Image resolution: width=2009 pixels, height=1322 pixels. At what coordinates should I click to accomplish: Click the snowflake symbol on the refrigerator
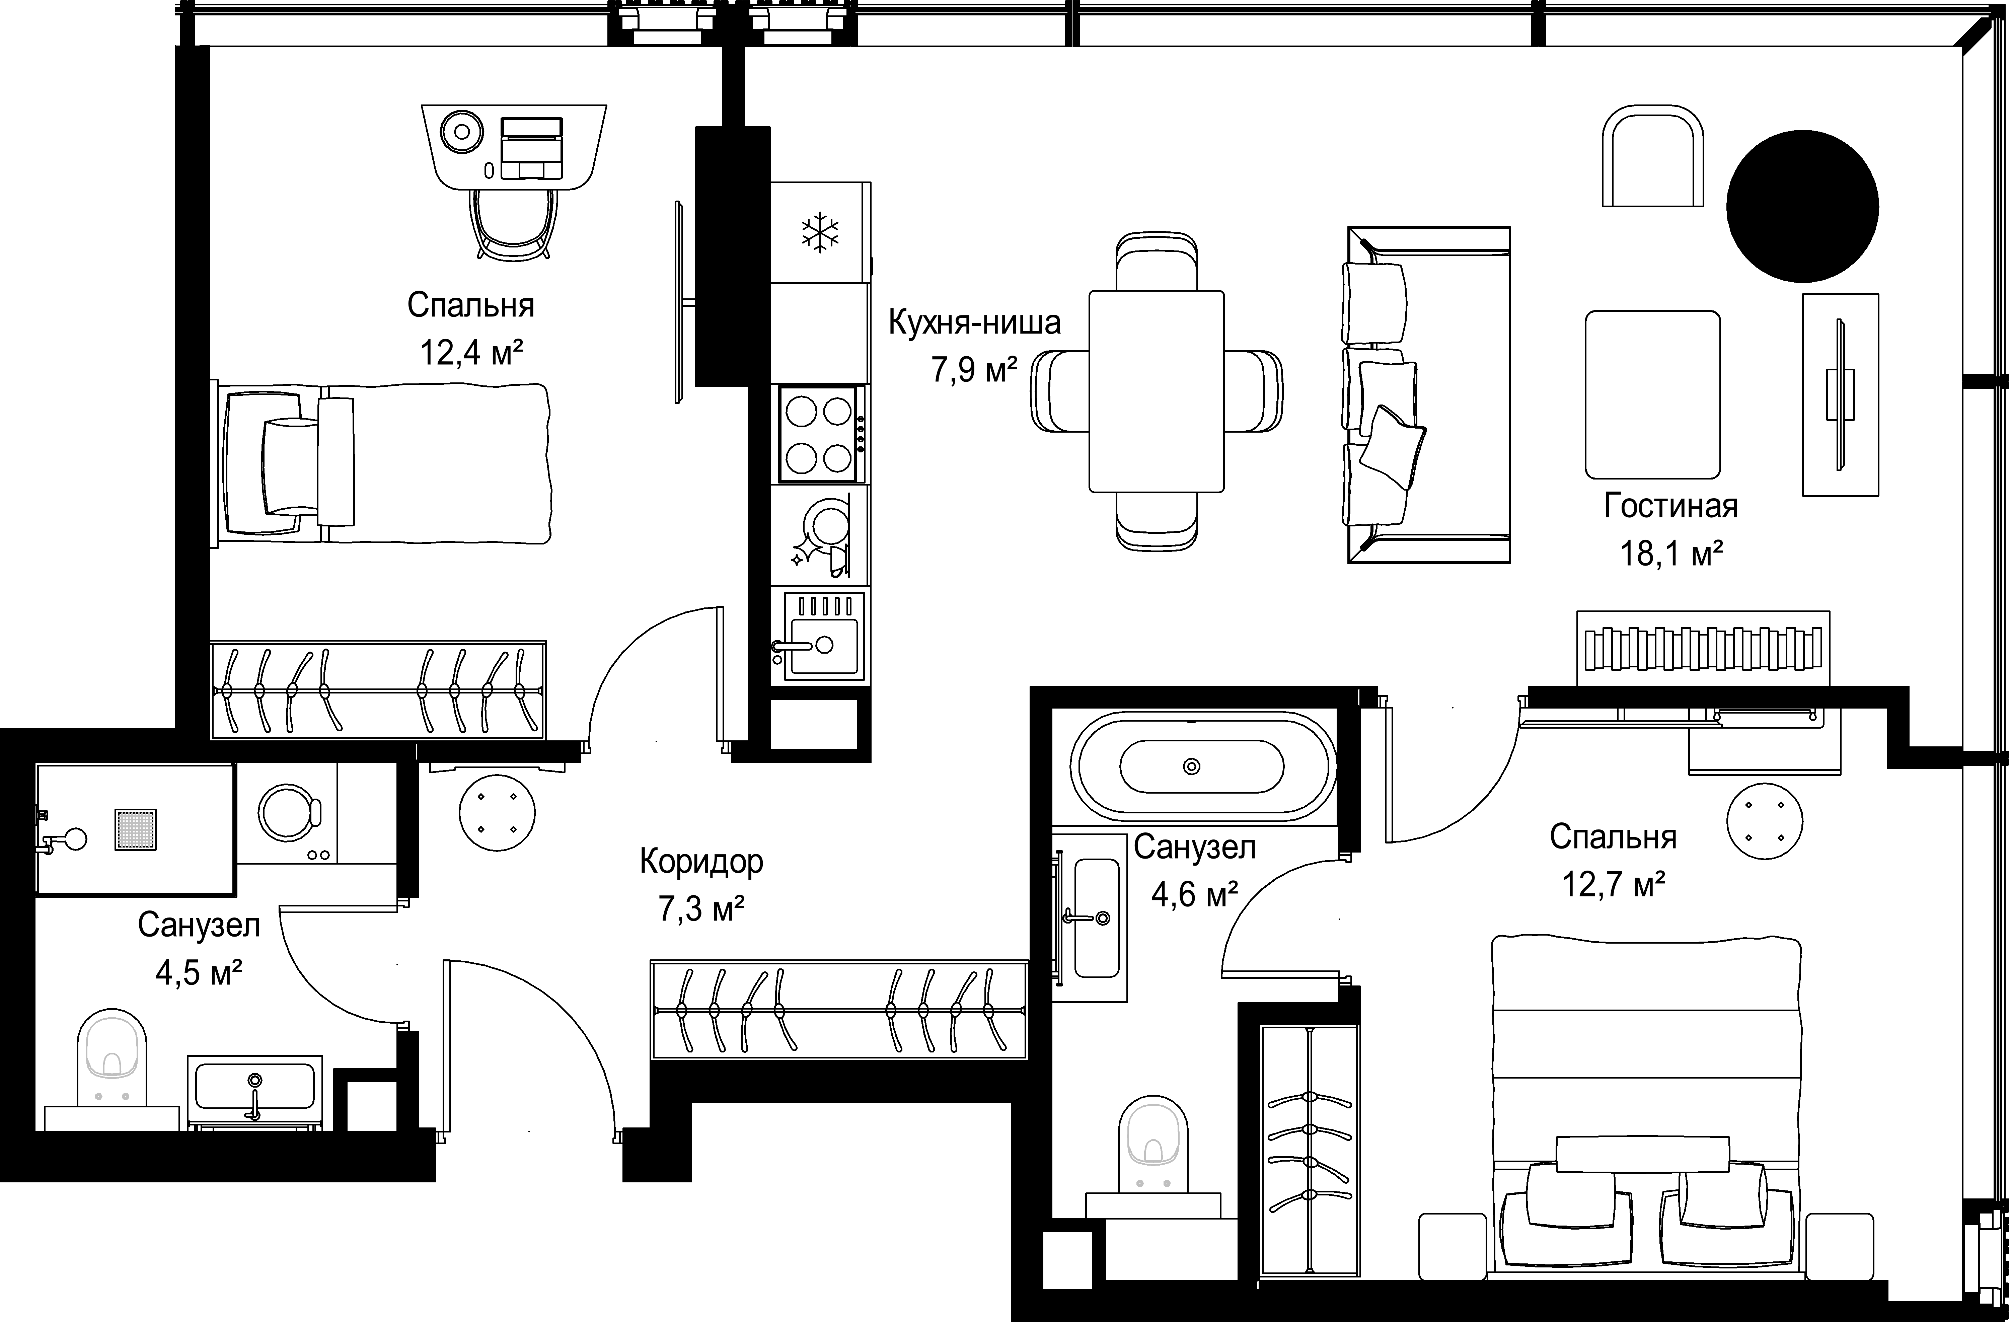coord(820,234)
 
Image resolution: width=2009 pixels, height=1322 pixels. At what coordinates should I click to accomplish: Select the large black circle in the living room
coord(1802,206)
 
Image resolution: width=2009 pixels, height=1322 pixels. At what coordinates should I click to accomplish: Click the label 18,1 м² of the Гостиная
coord(1670,554)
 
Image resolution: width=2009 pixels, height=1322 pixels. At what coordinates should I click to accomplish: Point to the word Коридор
coord(701,862)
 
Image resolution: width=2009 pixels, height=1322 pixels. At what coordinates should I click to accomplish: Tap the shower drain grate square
coord(136,830)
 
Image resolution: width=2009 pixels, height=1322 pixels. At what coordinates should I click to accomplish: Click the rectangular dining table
coord(1157,391)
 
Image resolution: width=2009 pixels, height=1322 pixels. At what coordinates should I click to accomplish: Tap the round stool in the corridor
coord(497,813)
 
